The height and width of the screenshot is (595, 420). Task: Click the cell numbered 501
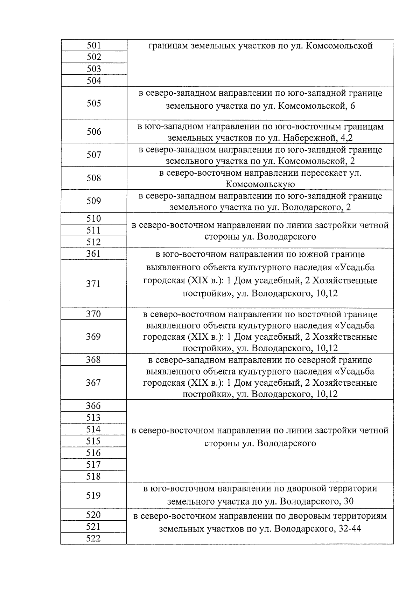[x=94, y=45]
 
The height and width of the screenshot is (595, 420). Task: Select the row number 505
[x=94, y=103]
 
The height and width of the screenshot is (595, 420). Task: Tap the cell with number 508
[x=94, y=178]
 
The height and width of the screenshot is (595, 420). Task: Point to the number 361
[x=93, y=253]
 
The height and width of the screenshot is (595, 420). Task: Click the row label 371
[x=93, y=284]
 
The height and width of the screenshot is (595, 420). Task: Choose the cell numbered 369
[x=93, y=337]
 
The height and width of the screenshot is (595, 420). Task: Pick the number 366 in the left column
[x=93, y=406]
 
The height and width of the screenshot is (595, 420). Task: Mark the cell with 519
[x=93, y=495]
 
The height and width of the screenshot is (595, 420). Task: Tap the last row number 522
[x=93, y=538]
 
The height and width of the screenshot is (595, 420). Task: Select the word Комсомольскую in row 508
[x=260, y=184]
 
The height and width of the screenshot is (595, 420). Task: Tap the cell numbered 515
[x=93, y=441]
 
